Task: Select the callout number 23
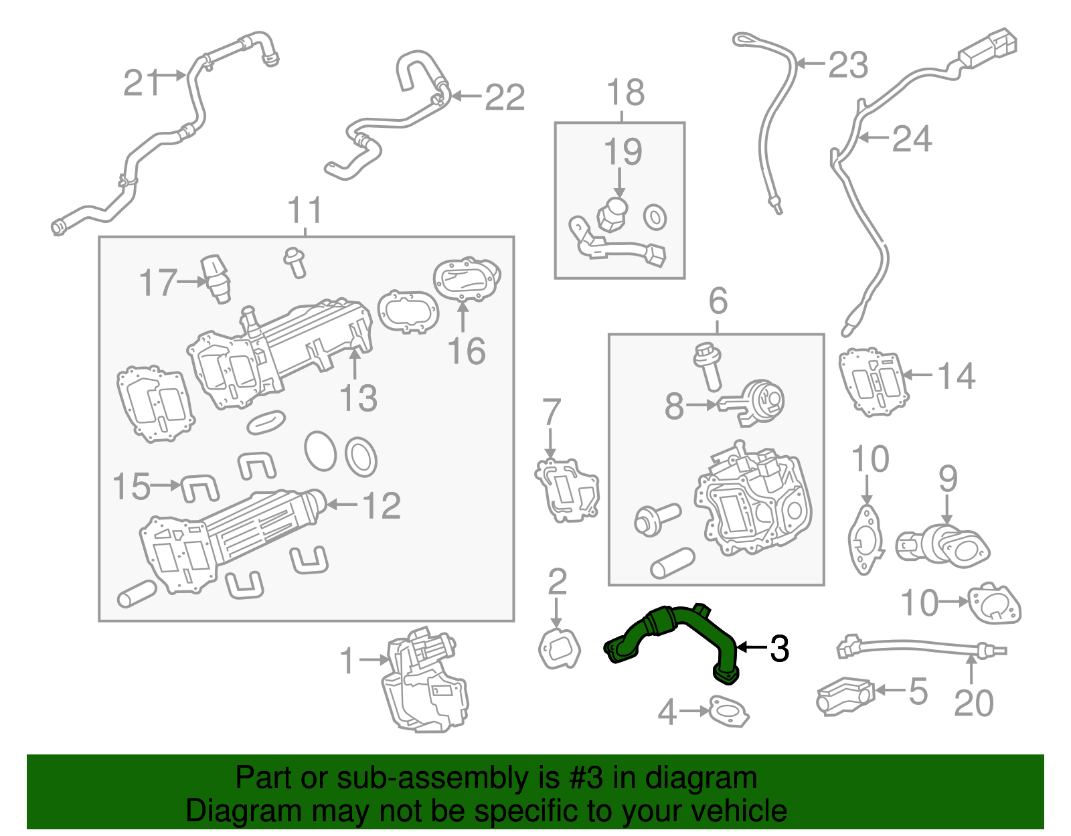point(848,65)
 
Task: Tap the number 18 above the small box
point(625,92)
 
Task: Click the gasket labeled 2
point(560,648)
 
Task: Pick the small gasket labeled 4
point(729,713)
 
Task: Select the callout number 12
point(382,505)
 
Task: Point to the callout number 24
point(912,139)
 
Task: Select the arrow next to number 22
point(467,96)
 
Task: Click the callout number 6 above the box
point(718,301)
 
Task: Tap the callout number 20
point(973,703)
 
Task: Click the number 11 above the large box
point(305,210)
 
